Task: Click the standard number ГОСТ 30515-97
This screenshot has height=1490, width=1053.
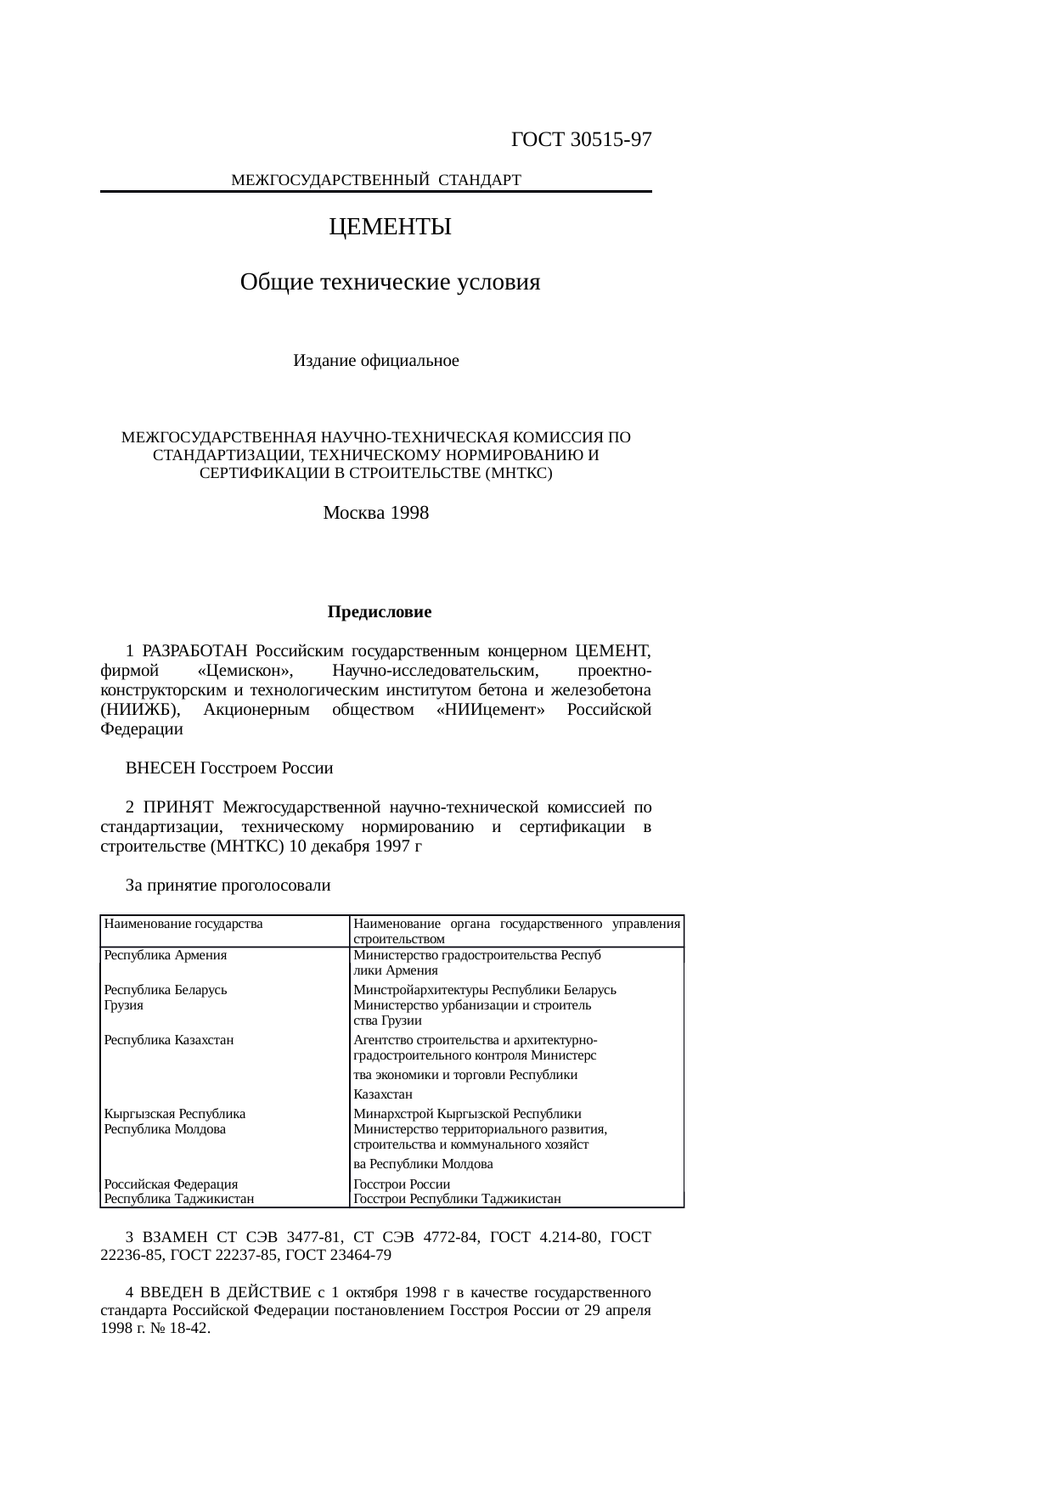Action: tap(582, 140)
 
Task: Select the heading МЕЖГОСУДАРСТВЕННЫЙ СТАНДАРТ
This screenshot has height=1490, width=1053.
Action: tap(375, 180)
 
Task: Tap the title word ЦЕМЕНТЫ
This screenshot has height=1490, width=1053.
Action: tap(390, 228)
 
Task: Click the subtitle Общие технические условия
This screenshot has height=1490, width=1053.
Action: tap(390, 282)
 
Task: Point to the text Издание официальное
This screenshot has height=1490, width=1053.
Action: tap(376, 361)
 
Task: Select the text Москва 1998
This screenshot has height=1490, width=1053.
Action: tap(376, 513)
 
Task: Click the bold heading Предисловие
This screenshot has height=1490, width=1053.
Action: tap(380, 612)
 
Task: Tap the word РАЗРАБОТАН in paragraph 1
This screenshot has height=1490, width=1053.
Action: tap(194, 651)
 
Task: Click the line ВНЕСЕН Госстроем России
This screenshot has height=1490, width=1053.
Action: tap(229, 768)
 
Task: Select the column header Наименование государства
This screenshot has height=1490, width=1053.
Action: tap(183, 924)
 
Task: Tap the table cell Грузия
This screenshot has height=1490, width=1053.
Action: tap(124, 1005)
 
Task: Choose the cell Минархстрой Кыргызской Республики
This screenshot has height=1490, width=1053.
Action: tap(468, 1114)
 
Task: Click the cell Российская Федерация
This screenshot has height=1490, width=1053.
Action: tap(171, 1184)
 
